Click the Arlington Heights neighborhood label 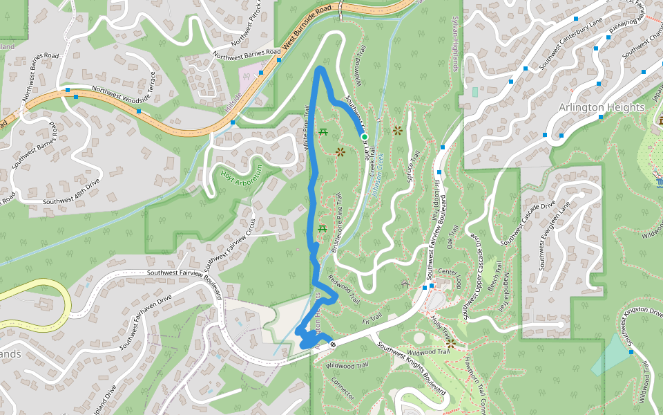601,107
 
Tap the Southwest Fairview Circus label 231,246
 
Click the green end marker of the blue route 365,138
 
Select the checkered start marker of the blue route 333,344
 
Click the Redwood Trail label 343,290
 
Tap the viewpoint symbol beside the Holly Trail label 450,342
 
